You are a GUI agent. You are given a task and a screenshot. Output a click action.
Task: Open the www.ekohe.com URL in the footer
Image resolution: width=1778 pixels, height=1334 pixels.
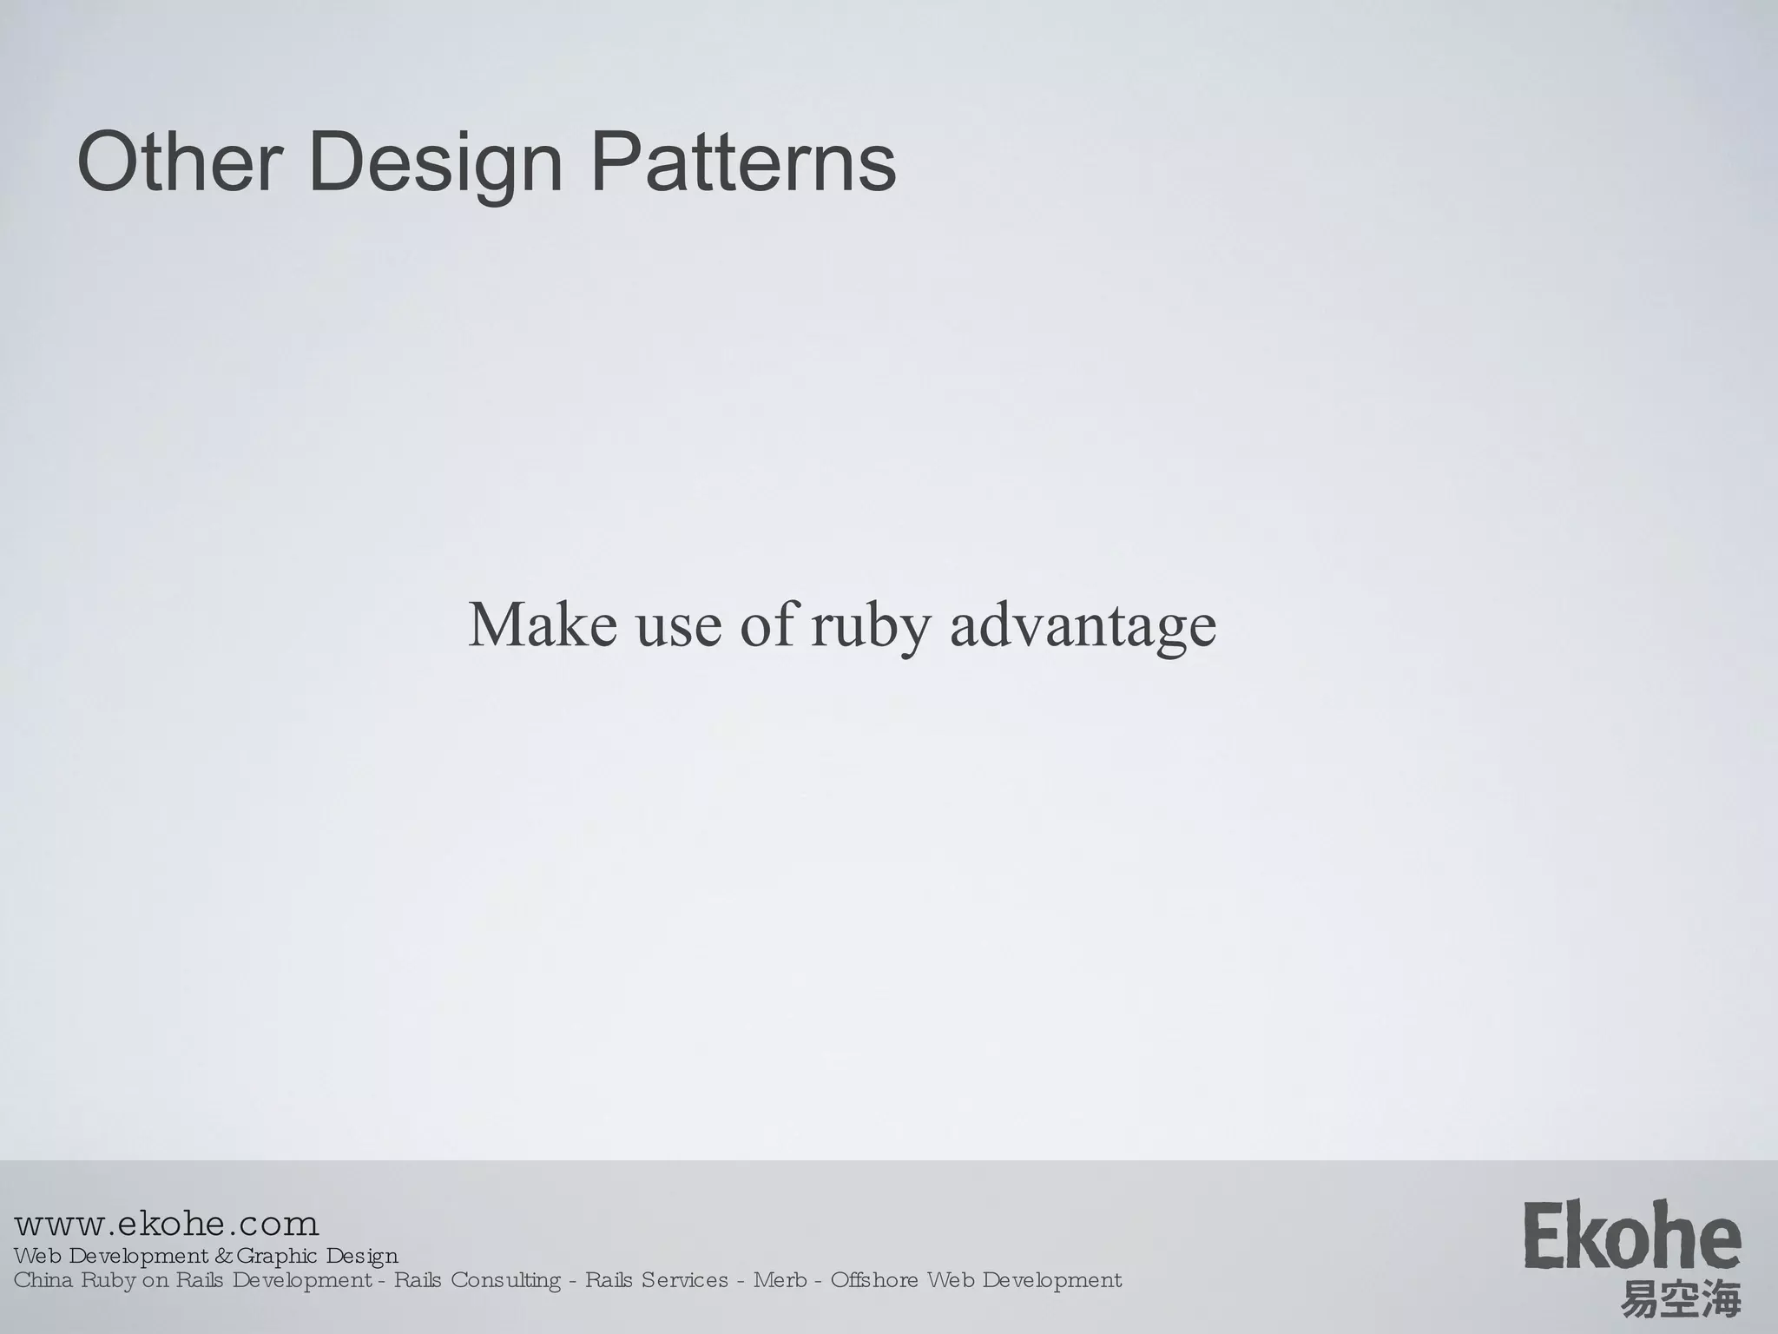pyautogui.click(x=167, y=1225)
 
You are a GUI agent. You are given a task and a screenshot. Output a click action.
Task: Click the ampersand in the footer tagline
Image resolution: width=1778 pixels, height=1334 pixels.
pyautogui.click(x=223, y=1256)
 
